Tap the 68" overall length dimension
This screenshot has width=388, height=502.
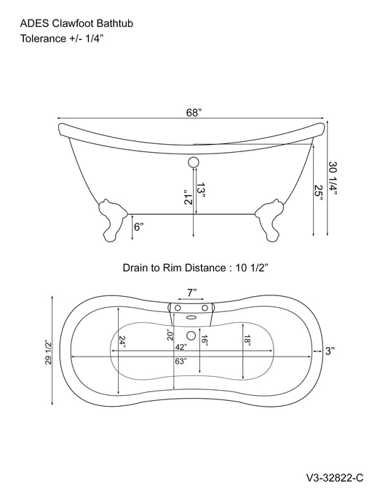(194, 113)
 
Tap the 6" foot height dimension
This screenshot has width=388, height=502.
(138, 226)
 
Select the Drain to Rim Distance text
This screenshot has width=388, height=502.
(194, 268)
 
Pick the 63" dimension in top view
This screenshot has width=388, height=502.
(181, 362)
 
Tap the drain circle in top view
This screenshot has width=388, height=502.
(193, 335)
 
